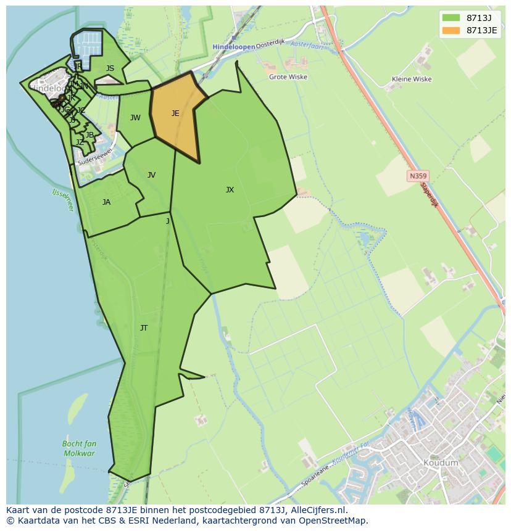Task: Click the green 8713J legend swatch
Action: coord(451,18)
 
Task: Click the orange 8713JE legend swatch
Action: coord(451,30)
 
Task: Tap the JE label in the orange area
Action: coord(175,113)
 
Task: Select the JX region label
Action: coord(230,190)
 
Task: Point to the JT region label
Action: coord(144,328)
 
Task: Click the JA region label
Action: coord(106,202)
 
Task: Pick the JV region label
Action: coord(151,175)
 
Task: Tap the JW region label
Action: coord(135,118)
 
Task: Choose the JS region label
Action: coord(110,69)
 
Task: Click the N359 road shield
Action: coord(417,176)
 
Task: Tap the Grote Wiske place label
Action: coord(288,77)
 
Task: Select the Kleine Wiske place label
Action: coord(412,79)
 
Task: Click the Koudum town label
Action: coord(441,463)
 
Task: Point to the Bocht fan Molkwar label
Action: coord(79,448)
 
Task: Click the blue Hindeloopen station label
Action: coord(233,47)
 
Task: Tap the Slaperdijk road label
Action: coord(429,194)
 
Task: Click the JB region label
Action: coord(89,135)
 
